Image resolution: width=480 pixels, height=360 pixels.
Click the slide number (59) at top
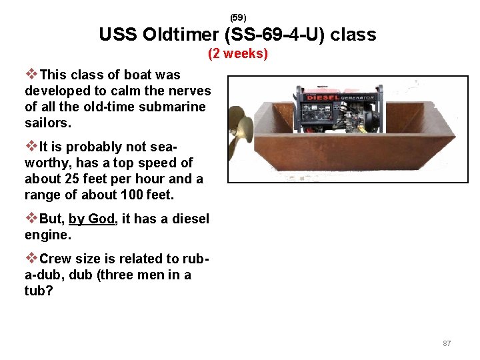click(x=238, y=17)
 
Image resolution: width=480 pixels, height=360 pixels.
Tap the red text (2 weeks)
click(x=238, y=53)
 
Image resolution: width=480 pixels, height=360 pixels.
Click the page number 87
click(x=447, y=343)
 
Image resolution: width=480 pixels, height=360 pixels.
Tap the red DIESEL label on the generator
click(x=323, y=97)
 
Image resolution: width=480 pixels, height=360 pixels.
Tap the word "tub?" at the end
click(x=38, y=291)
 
